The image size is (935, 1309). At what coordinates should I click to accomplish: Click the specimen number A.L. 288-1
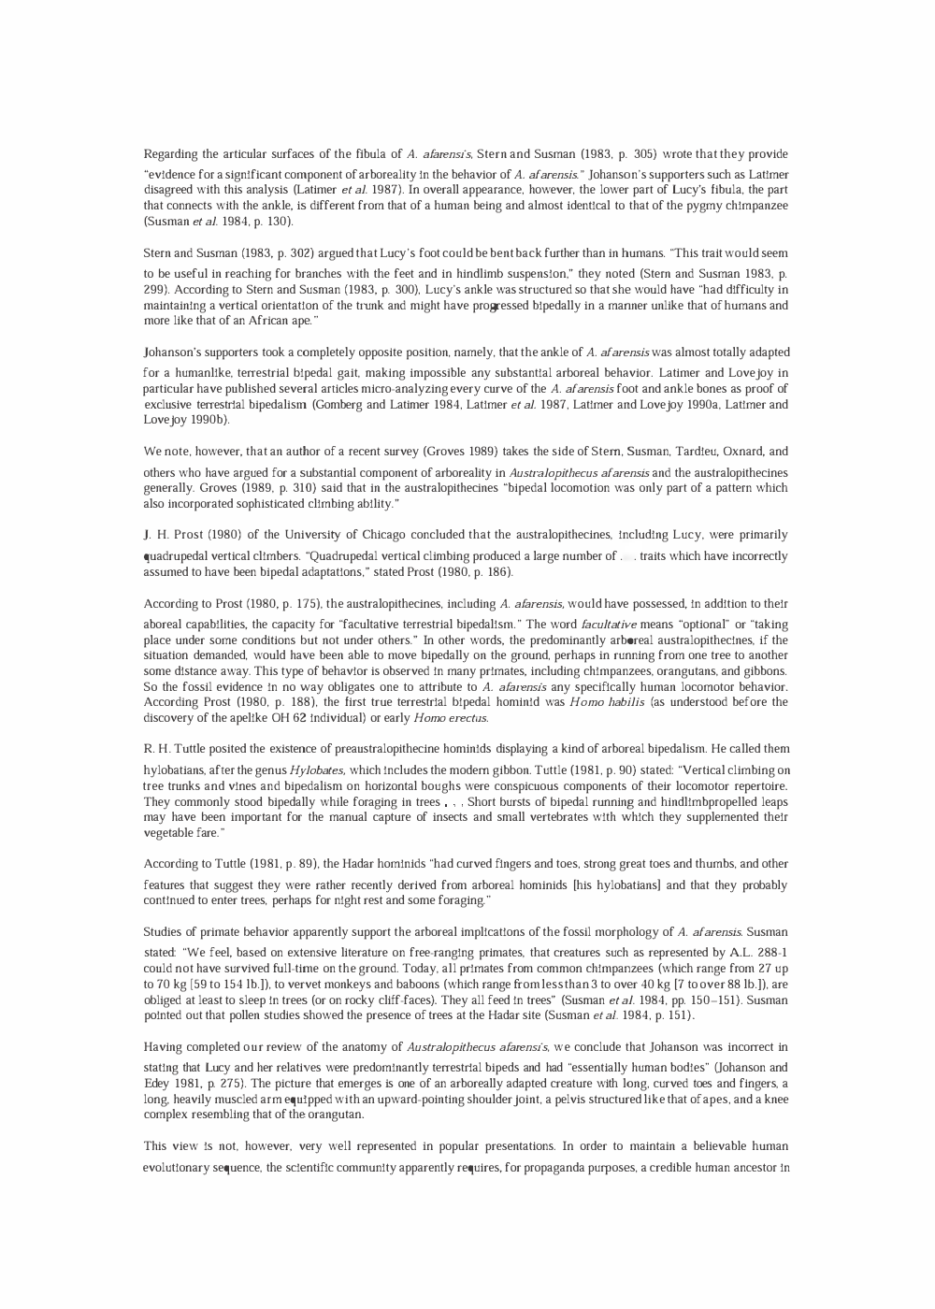click(x=755, y=949)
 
